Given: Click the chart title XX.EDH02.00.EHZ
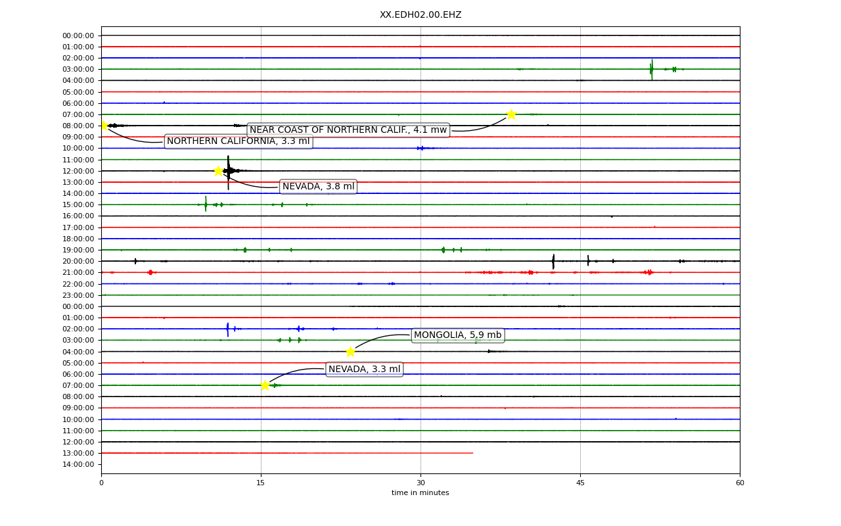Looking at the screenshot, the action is [420, 14].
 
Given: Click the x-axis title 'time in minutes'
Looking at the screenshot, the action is [420, 492].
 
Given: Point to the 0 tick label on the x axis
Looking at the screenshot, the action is [101, 483].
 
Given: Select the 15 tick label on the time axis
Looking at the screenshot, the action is [261, 483].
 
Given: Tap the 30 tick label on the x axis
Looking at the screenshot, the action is [420, 483].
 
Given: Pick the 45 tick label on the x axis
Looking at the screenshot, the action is [580, 483].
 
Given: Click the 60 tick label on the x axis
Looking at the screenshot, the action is [740, 483].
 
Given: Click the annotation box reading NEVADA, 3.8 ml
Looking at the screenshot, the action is [319, 186].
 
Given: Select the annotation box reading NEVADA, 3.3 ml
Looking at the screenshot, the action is [364, 370].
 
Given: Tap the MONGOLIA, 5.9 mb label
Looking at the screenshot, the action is [458, 335].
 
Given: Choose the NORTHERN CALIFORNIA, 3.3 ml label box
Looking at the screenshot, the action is [239, 141].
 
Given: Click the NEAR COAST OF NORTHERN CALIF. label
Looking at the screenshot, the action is [348, 130].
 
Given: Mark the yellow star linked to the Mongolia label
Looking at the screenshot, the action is [350, 352].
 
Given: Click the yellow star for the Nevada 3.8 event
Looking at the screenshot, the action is [219, 171].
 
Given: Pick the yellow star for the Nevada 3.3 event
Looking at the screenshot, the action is [265, 385].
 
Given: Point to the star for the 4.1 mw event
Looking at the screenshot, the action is [511, 114].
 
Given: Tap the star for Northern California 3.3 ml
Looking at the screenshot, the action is [104, 126].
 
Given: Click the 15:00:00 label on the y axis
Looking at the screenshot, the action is [78, 204].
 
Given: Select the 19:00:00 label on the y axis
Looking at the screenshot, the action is [78, 251].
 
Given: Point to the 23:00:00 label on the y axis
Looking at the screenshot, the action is [78, 295].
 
